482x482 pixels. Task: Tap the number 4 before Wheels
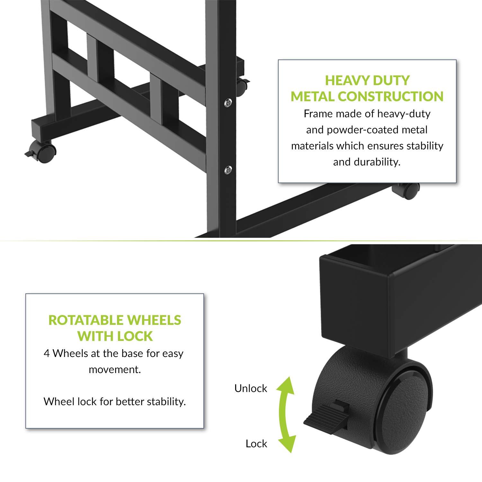click(47, 353)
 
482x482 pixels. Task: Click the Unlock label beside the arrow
click(251, 388)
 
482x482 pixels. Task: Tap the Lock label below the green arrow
click(256, 444)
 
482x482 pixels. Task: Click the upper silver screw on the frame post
click(228, 103)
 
